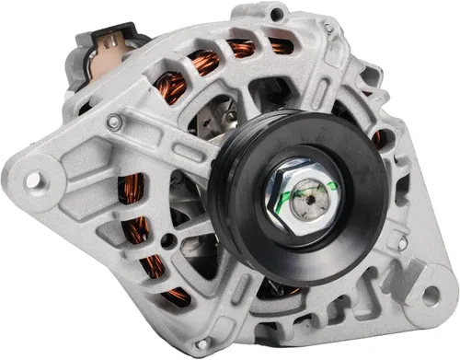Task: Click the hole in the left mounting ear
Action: [x=34, y=180]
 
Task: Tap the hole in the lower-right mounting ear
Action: [x=429, y=296]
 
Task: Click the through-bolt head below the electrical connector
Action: [x=113, y=121]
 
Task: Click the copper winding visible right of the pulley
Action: [x=377, y=138]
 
